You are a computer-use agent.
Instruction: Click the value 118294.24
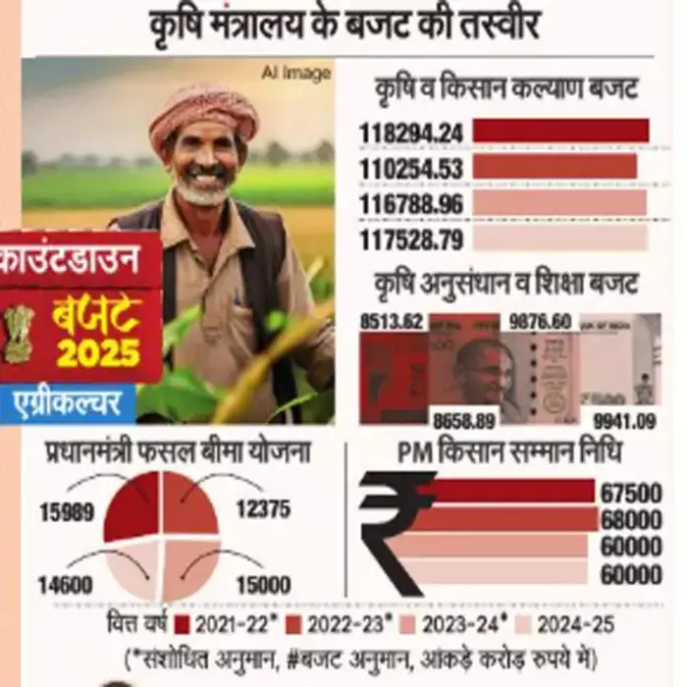[411, 132]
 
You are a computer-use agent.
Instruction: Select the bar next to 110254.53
[555, 167]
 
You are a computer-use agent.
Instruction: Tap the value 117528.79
[411, 238]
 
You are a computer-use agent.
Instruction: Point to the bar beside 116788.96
[559, 203]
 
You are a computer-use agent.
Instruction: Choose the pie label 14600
[65, 586]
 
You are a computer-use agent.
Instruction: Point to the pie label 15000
[263, 586]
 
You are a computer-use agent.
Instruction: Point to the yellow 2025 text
[97, 352]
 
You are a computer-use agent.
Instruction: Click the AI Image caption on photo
[295, 74]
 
